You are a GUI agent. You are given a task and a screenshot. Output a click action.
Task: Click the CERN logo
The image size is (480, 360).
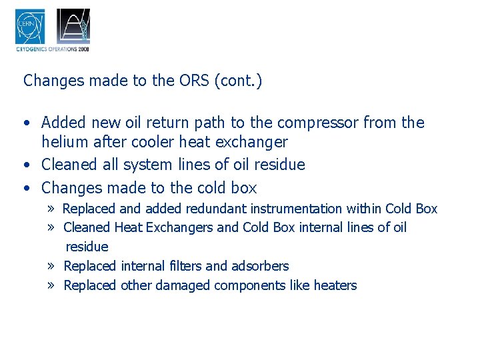click(30, 26)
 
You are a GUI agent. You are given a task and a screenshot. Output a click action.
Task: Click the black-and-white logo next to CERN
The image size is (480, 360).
click(73, 26)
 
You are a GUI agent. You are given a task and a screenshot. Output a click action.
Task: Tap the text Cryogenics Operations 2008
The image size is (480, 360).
click(53, 49)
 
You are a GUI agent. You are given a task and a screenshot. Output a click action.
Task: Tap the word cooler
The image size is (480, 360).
click(149, 142)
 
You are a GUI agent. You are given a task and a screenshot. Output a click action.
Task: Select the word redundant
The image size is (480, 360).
click(210, 209)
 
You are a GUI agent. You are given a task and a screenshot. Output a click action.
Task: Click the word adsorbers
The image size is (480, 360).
click(260, 266)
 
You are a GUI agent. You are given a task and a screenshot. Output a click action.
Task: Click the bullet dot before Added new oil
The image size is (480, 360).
click(26, 123)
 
